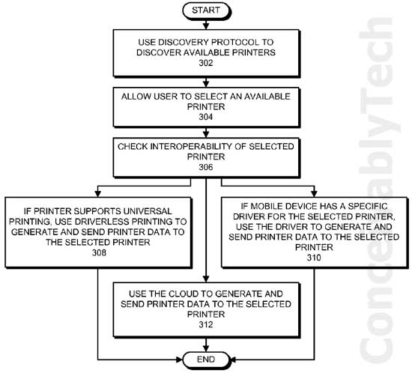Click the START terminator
pyautogui.click(x=207, y=10)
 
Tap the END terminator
pyautogui.click(x=207, y=360)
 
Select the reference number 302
pyautogui.click(x=206, y=63)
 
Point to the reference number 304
pyautogui.click(x=206, y=117)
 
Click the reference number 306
pyautogui.click(x=206, y=167)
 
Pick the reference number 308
pyautogui.click(x=99, y=252)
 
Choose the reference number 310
pyautogui.click(x=314, y=258)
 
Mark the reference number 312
pyautogui.click(x=206, y=324)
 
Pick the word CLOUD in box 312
pyautogui.click(x=184, y=294)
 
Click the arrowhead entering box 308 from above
pyautogui.click(x=97, y=193)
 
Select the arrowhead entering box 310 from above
pyautogui.click(x=314, y=193)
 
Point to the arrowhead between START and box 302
pyautogui.click(x=206, y=25)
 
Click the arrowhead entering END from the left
pyautogui.click(x=180, y=360)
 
